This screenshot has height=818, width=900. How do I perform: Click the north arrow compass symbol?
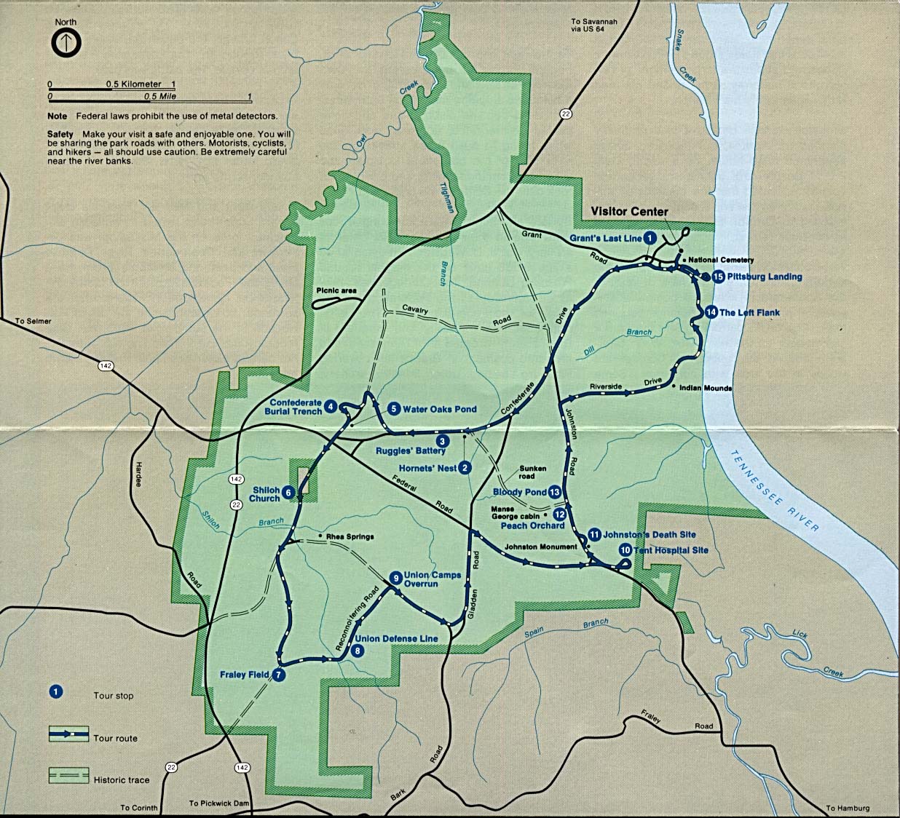(66, 43)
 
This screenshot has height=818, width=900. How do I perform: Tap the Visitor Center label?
(629, 211)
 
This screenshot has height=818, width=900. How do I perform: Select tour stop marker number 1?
(650, 238)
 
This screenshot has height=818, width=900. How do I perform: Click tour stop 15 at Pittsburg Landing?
(718, 277)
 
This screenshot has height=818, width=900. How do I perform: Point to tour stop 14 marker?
(711, 312)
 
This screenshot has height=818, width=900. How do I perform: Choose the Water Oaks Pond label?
(439, 409)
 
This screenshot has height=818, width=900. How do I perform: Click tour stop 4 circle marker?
(331, 407)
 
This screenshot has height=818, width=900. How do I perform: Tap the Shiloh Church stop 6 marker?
(288, 493)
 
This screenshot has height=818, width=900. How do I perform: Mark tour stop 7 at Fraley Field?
(279, 675)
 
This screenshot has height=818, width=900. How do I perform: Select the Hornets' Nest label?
(427, 468)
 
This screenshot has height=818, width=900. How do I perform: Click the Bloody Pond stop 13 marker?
(555, 492)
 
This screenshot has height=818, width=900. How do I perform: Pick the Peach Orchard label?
(532, 525)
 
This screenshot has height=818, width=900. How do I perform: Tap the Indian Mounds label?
(705, 388)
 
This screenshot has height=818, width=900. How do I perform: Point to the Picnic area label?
(336, 290)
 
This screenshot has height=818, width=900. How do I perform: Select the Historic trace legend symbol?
(68, 776)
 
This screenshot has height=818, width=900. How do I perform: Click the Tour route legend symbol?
(68, 734)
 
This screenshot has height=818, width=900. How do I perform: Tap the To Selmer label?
(33, 321)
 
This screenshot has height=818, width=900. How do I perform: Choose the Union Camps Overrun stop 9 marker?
(395, 577)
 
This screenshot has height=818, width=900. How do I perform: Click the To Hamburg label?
(848, 808)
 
